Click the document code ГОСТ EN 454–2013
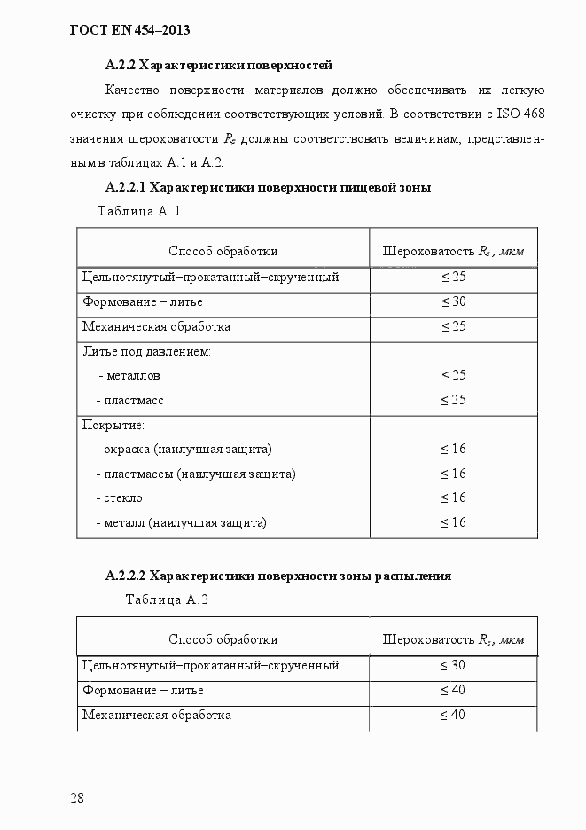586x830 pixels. (x=129, y=31)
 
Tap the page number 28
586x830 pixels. (x=77, y=797)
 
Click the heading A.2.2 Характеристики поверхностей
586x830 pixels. (x=218, y=65)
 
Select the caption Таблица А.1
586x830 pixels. (x=138, y=212)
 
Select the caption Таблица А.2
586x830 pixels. (x=167, y=599)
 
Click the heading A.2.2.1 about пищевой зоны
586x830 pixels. (x=268, y=187)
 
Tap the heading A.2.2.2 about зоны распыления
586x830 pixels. (x=277, y=576)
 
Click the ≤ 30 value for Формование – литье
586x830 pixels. (x=453, y=302)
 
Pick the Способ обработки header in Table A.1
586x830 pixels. (x=223, y=251)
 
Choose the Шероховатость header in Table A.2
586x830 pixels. (x=453, y=639)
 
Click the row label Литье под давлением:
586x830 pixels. (x=145, y=351)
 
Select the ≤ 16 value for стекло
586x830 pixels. (x=453, y=497)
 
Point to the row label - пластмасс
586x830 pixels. (x=130, y=400)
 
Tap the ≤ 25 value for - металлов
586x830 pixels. (x=453, y=376)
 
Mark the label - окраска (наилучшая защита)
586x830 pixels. (x=184, y=449)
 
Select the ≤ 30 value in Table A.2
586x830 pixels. (x=453, y=665)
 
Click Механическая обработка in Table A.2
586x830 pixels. (x=156, y=714)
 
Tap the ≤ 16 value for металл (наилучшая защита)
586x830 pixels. (x=453, y=522)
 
